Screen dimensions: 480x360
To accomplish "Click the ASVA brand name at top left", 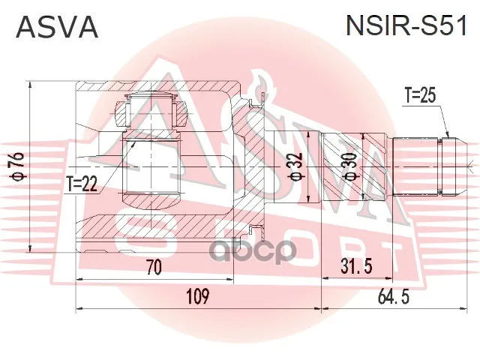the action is (x=57, y=27).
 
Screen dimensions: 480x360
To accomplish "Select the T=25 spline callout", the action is (x=420, y=96).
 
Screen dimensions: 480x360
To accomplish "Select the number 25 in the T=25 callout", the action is (x=428, y=96).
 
